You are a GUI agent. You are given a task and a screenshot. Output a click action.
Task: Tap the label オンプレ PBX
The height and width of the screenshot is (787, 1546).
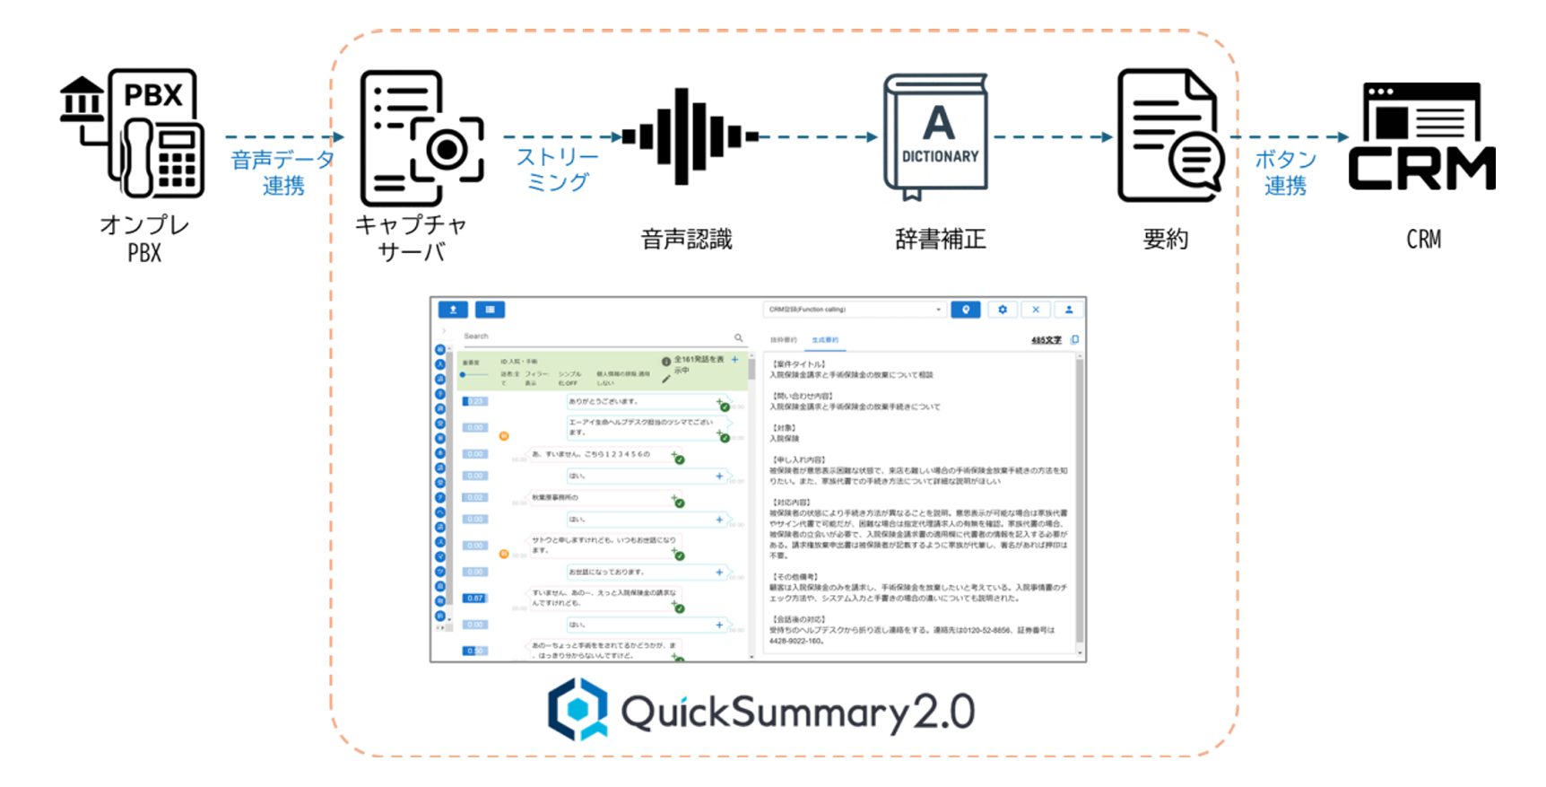point(144,239)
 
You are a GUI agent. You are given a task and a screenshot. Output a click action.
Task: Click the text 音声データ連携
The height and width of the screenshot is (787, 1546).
point(282,172)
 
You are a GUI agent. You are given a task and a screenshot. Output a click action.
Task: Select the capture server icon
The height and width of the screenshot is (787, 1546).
point(420,138)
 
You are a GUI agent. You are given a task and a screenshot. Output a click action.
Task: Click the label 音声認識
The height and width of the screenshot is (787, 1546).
point(687,239)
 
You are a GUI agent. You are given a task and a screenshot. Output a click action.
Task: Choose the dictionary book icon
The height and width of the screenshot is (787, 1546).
point(937,135)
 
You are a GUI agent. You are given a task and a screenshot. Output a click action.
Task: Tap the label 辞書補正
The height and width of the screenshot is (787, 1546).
point(940,239)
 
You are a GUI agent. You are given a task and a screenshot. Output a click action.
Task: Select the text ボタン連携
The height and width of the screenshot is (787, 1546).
point(1285,172)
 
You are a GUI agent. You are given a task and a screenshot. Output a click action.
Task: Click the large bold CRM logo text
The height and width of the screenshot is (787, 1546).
point(1422,169)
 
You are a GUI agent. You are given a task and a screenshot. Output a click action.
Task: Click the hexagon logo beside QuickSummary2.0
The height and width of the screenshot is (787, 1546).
point(578,709)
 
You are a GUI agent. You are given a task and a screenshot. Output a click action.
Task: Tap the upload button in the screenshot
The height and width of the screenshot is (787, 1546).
point(453,310)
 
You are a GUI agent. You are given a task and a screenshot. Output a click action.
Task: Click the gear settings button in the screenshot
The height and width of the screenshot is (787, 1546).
point(1002,310)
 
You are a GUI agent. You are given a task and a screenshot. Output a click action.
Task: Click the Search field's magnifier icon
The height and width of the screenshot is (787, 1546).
point(738,337)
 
